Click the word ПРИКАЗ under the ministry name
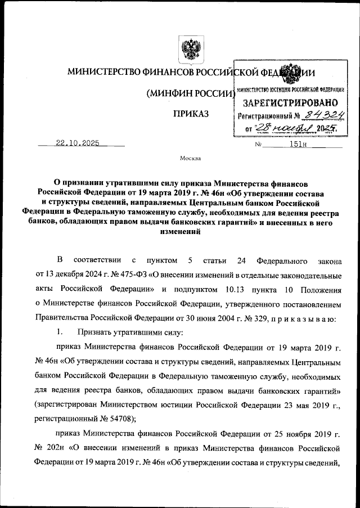pos(191,114)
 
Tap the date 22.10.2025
pos(77,143)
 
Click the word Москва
pos(190,159)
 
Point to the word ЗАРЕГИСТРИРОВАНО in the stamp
pos(290,104)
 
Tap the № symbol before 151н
pos(259,144)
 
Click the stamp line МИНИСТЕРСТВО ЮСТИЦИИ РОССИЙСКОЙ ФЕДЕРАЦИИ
pos(290,91)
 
